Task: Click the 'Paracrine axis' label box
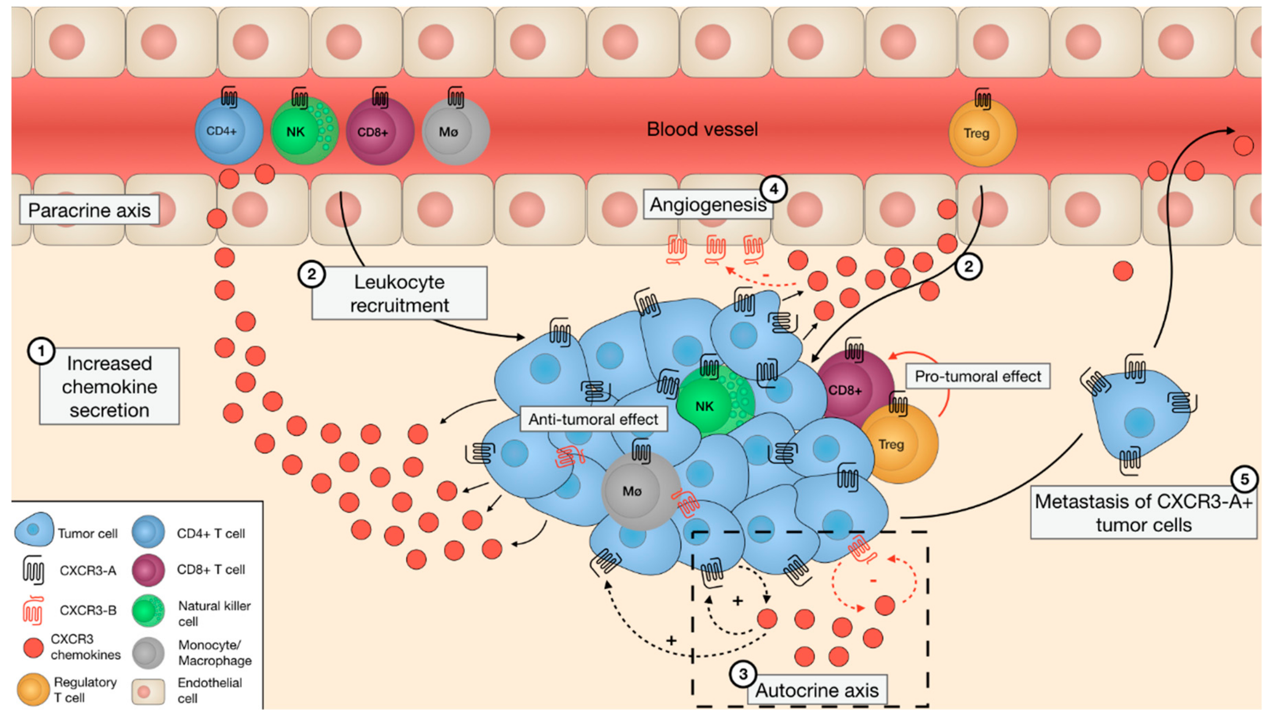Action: [x=89, y=210]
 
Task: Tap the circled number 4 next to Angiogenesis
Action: [x=773, y=189]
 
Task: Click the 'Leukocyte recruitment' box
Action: [x=399, y=294]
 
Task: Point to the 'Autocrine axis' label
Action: [x=817, y=690]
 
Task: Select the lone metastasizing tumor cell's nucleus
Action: [x=1139, y=422]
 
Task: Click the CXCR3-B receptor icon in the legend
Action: [x=33, y=610]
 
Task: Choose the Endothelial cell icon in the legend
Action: [x=147, y=691]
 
